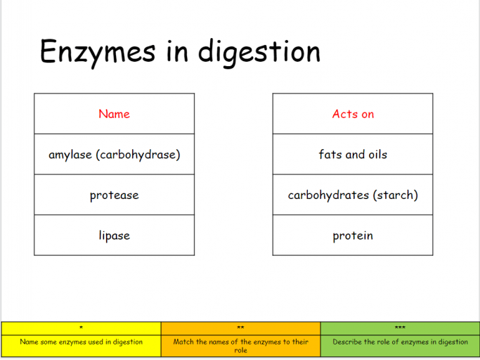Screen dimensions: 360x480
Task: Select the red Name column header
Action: (114, 114)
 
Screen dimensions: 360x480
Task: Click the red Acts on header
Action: (353, 114)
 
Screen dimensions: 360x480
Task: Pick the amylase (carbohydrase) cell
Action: (114, 154)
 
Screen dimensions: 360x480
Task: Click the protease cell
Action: (114, 195)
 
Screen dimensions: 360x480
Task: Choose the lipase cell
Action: (114, 236)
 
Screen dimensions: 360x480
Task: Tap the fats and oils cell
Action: (353, 154)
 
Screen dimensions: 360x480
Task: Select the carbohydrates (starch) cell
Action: (353, 195)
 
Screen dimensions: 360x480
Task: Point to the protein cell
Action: (353, 236)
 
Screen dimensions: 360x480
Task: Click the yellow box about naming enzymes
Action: (81, 342)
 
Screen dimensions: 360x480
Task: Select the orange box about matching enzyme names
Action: (240, 345)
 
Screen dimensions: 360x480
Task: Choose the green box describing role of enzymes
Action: (400, 342)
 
